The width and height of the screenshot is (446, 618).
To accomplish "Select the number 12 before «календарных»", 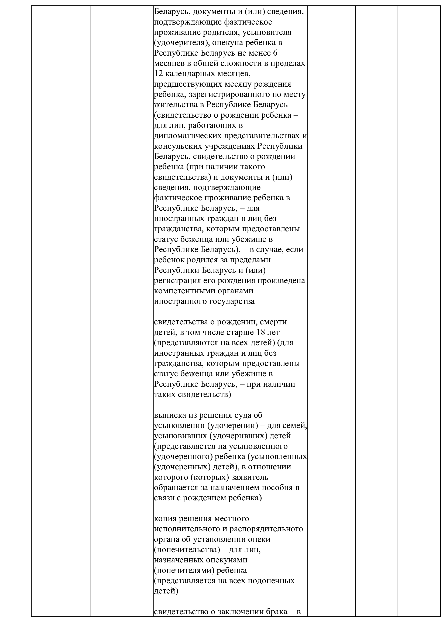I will (x=159, y=74).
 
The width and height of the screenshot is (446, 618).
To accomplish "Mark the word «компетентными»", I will (x=184, y=291).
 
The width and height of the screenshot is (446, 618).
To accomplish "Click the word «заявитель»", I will (x=253, y=477).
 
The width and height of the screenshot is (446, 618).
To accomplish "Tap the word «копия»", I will (x=166, y=518).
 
